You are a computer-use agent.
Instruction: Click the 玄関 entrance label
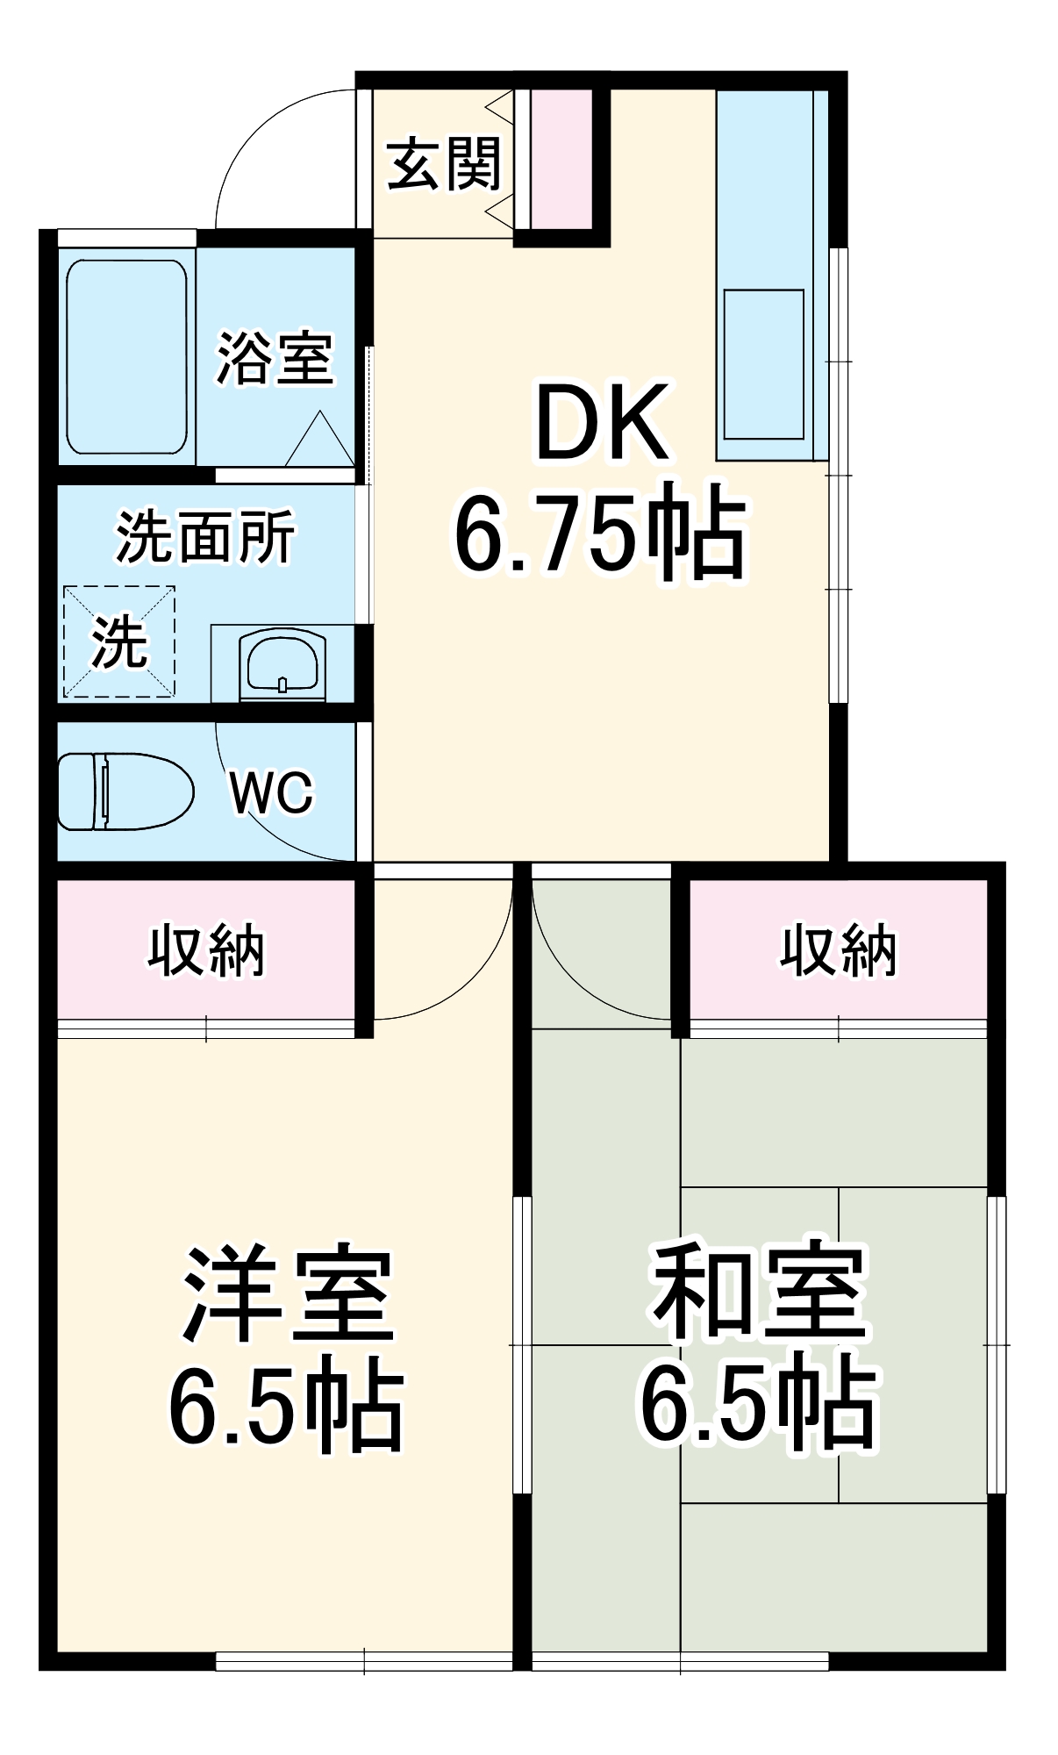pos(444,163)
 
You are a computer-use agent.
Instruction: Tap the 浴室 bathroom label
pos(275,358)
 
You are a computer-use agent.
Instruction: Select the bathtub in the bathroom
pos(126,356)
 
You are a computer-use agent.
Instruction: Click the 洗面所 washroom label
pos(206,537)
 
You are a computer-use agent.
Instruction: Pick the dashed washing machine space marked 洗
pos(119,642)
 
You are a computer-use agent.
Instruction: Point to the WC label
pos(271,792)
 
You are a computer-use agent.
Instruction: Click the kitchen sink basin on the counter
pos(763,363)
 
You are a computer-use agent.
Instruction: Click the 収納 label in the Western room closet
pos(206,950)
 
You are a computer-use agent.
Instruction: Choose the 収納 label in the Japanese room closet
pos(839,950)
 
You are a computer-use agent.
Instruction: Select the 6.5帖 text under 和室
pos(760,1408)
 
